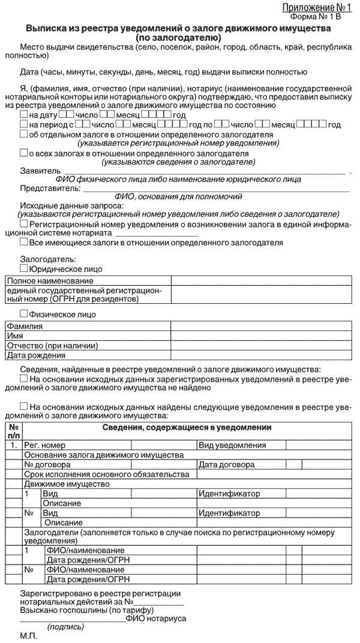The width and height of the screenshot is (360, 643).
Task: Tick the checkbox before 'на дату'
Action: (x=23, y=115)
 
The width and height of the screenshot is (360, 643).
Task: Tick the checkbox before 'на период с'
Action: (x=23, y=125)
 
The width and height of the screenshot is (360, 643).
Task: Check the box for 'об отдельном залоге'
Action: (x=23, y=135)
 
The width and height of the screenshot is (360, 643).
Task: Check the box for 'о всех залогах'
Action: (x=23, y=153)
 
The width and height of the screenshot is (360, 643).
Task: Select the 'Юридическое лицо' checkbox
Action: (x=23, y=269)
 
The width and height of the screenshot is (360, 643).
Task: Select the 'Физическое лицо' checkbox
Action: (x=23, y=313)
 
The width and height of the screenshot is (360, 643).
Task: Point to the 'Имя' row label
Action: (x=15, y=336)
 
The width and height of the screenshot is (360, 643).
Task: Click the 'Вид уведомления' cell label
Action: (x=232, y=445)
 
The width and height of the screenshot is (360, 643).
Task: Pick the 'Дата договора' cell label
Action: (x=226, y=465)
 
